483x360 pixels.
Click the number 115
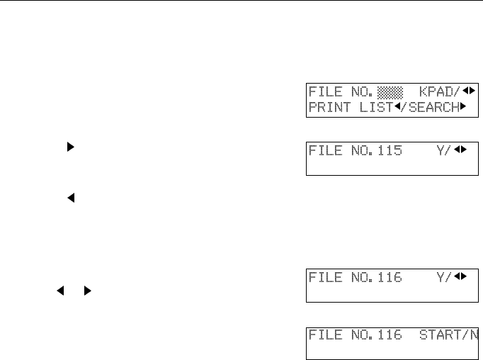(x=391, y=151)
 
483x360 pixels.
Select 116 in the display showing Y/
(x=391, y=277)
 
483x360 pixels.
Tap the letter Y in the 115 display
(x=441, y=151)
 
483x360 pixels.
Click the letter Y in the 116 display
(x=441, y=277)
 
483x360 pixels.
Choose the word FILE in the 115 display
(x=324, y=151)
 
